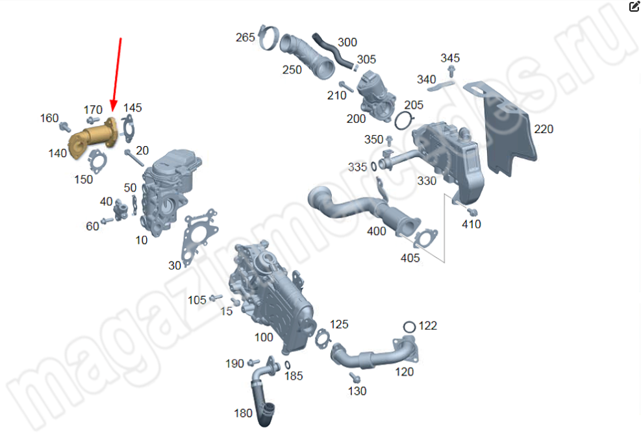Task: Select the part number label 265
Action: click(x=245, y=38)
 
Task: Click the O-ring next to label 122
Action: click(x=409, y=327)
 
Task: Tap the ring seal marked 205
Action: click(x=405, y=121)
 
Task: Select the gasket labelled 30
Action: click(x=199, y=236)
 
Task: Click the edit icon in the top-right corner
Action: click(x=634, y=6)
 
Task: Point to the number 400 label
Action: click(x=377, y=232)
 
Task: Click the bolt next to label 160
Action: click(x=64, y=127)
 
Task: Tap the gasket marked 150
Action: click(x=97, y=162)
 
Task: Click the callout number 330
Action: click(x=427, y=181)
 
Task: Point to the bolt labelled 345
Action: click(x=451, y=71)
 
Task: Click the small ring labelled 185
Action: click(x=288, y=365)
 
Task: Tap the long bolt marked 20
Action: click(x=134, y=158)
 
